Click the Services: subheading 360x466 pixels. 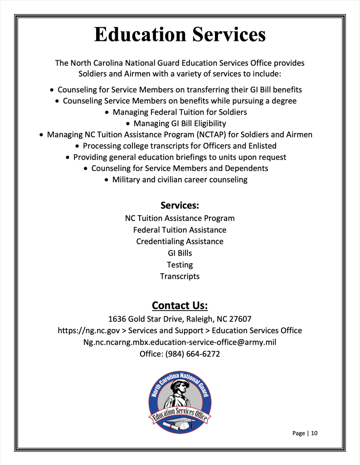point(180,205)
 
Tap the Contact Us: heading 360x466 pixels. point(180,305)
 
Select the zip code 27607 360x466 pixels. point(240,319)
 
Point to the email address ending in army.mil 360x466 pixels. point(180,342)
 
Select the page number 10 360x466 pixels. point(314,433)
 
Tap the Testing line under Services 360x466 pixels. point(180,265)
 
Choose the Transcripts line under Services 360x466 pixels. point(180,276)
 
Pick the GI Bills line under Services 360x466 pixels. point(180,253)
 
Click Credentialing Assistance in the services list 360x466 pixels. point(180,242)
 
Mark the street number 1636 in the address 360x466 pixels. point(117,319)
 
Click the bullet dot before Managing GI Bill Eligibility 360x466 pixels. point(129,123)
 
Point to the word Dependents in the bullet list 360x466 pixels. point(248,168)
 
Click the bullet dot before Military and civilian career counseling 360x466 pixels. point(107,180)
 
